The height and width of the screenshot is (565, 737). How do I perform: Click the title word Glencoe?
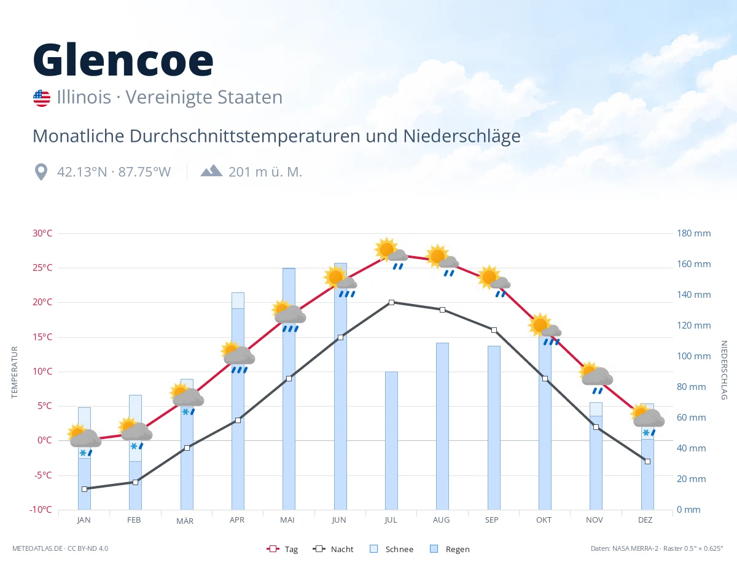point(123,60)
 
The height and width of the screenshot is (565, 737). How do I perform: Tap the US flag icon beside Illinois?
point(42,98)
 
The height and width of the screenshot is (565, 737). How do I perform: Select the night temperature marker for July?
point(391,302)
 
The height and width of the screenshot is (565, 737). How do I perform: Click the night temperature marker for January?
point(85,489)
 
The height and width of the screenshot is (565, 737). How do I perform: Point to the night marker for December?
point(647,461)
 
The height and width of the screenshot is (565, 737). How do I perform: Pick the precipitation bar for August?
point(442,426)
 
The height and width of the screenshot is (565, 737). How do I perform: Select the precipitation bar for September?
point(494,427)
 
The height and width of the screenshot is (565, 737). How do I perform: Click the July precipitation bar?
point(391,440)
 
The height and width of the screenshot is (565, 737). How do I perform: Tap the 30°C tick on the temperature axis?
point(42,233)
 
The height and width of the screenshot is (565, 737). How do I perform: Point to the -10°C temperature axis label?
point(41,509)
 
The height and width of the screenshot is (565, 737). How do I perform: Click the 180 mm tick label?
point(693,233)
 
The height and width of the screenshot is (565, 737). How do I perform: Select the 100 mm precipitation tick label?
point(693,356)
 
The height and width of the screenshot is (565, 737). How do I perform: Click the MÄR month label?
point(185,521)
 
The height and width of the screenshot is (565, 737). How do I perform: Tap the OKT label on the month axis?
point(544,520)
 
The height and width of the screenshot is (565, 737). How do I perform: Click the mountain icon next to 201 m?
point(211,171)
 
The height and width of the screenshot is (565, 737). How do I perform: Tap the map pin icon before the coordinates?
point(41,172)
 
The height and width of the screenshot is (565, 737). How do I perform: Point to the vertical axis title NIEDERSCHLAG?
point(723,370)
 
